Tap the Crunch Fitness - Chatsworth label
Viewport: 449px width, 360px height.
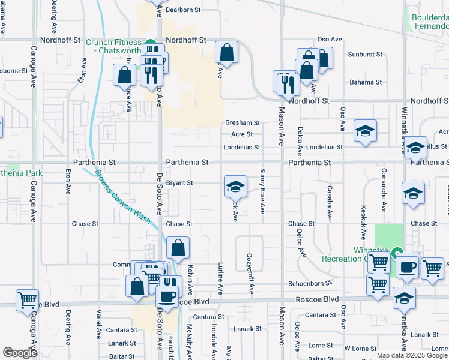(x=114, y=46)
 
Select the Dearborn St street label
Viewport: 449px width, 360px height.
(x=182, y=10)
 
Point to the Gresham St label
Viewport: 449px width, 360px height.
(x=242, y=122)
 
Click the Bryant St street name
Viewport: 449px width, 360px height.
(x=179, y=182)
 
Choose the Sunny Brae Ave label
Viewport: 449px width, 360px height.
(x=262, y=191)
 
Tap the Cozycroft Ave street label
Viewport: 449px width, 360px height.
(x=250, y=273)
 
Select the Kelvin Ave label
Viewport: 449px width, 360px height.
(x=190, y=280)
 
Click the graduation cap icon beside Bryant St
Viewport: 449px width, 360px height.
(x=235, y=186)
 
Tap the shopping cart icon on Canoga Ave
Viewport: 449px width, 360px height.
(x=26, y=299)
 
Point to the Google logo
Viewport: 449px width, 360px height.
(x=20, y=352)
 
